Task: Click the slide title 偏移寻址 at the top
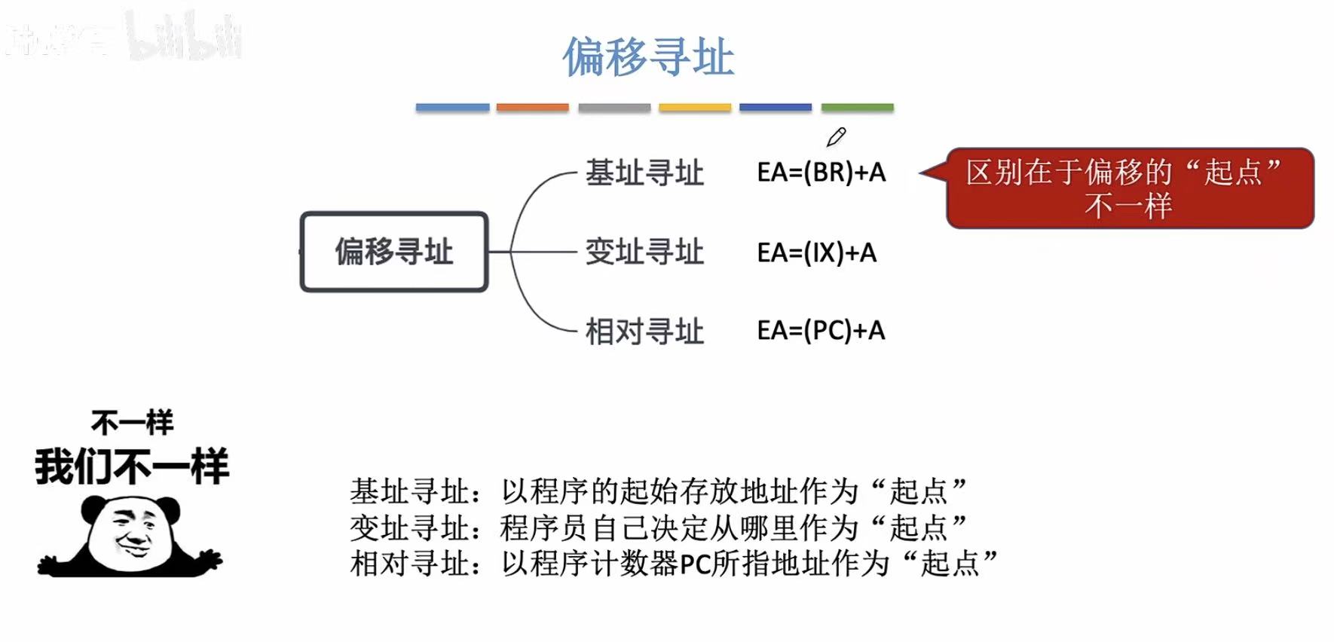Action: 648,57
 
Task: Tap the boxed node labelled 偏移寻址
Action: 394,252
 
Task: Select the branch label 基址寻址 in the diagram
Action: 644,173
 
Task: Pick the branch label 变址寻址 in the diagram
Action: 644,252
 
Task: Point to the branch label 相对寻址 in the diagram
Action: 644,331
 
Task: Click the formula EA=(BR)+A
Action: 821,173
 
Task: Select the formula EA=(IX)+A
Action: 816,252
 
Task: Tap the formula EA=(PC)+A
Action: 821,330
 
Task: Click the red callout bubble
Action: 1129,188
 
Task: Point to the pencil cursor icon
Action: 836,137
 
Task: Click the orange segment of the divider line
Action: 532,108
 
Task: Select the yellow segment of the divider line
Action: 695,108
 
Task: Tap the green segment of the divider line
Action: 857,108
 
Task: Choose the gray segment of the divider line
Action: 614,108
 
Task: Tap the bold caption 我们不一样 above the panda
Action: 131,466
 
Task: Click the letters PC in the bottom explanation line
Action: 694,564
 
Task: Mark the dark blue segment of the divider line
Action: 776,108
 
